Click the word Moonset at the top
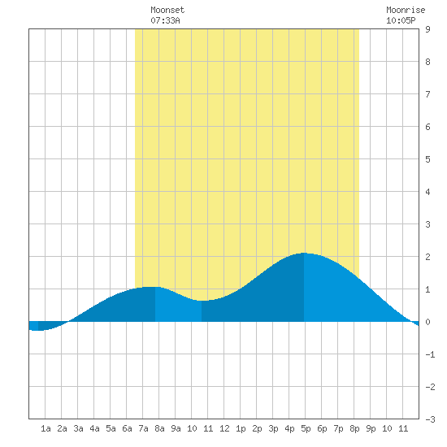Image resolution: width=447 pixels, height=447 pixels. pyautogui.click(x=167, y=10)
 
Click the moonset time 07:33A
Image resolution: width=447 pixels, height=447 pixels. pyautogui.click(x=165, y=20)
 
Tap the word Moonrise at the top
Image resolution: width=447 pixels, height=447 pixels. pyautogui.click(x=406, y=10)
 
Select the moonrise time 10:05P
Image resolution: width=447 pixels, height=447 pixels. pyautogui.click(x=401, y=20)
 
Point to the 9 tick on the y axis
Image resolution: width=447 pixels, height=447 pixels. pyautogui.click(x=427, y=29)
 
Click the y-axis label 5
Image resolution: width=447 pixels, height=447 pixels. pyautogui.click(x=427, y=159)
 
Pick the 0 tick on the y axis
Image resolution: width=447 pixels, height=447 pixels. pyautogui.click(x=427, y=322)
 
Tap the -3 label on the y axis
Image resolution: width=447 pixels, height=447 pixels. pyautogui.click(x=430, y=419)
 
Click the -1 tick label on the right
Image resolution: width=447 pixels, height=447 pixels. pyautogui.click(x=430, y=354)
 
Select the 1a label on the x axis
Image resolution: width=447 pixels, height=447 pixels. pyautogui.click(x=46, y=428)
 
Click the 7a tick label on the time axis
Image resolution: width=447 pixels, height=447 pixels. pyautogui.click(x=143, y=428)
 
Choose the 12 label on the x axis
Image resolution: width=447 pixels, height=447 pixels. pyautogui.click(x=224, y=428)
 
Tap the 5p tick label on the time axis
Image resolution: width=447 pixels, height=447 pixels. pyautogui.click(x=306, y=428)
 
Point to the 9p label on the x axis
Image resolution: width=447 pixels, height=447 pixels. pyautogui.click(x=371, y=428)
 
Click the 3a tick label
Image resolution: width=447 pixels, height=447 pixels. pyautogui.click(x=78, y=428)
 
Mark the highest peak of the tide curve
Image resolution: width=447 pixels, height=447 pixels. pyautogui.click(x=304, y=253)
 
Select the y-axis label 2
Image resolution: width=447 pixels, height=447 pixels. pyautogui.click(x=427, y=257)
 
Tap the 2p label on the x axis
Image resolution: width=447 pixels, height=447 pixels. pyautogui.click(x=257, y=428)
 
